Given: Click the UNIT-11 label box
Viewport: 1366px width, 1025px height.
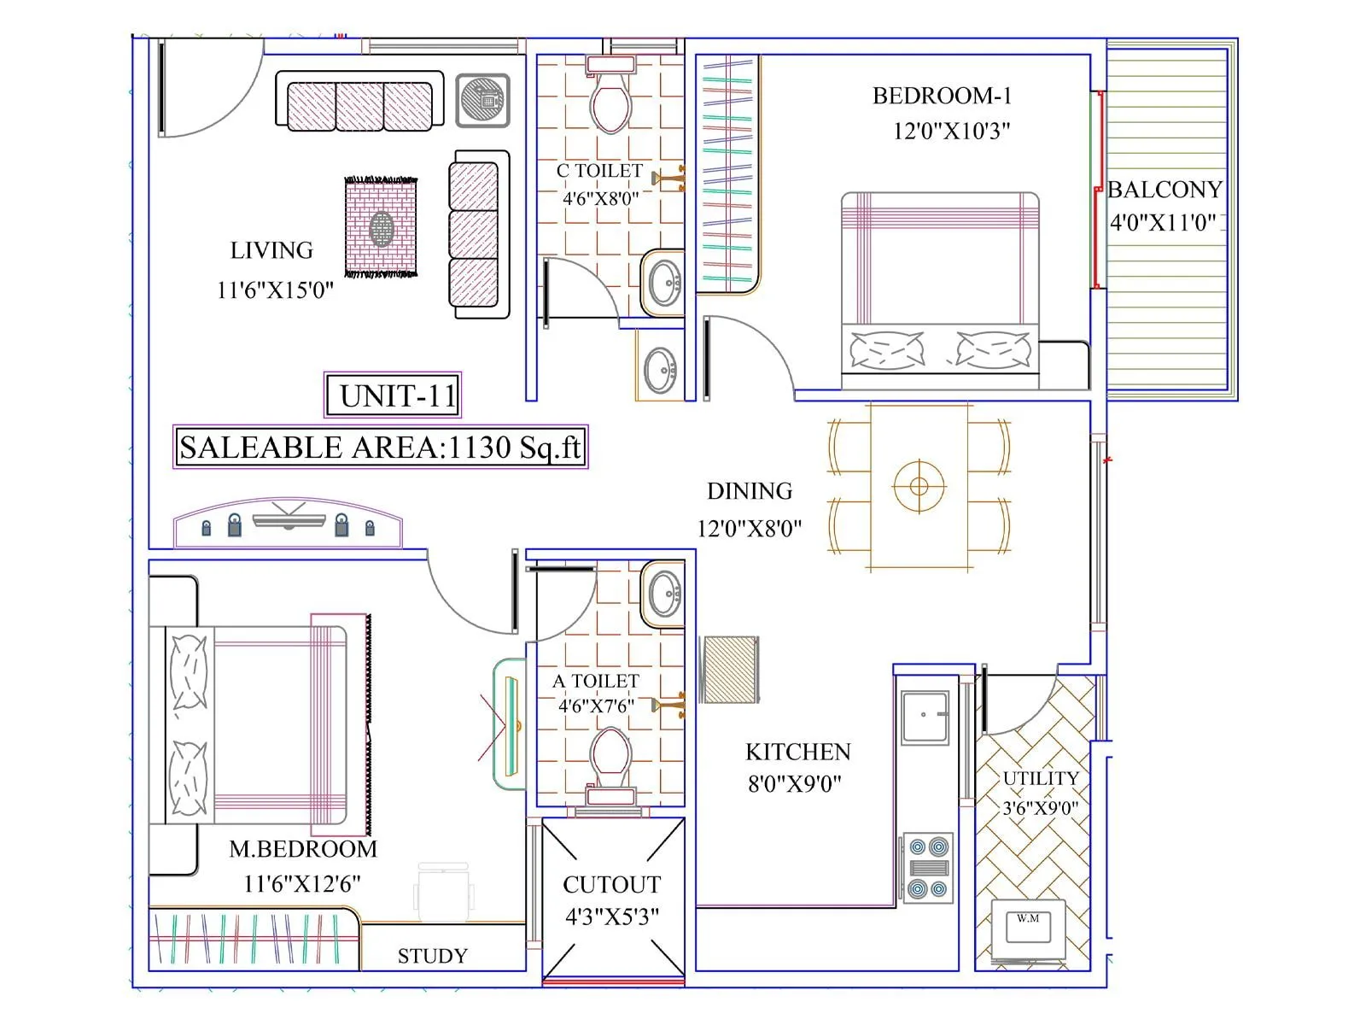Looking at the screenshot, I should click(x=393, y=395).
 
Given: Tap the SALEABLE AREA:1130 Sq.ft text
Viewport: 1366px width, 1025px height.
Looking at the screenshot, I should click(x=380, y=448).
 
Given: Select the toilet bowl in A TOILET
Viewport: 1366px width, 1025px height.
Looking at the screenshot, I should click(x=610, y=756).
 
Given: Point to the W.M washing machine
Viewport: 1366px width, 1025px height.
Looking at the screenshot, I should click(x=1028, y=928).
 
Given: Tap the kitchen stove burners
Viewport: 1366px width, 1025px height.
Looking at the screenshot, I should click(x=928, y=868).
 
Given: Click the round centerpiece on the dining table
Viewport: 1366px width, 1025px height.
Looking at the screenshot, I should click(x=919, y=486).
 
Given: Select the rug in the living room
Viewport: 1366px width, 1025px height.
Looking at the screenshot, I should click(x=381, y=227).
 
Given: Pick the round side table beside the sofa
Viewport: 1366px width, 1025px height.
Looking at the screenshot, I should click(x=482, y=100).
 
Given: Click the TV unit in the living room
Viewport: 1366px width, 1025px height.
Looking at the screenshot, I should click(x=288, y=524).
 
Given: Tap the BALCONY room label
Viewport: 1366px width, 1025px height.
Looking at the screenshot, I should click(x=1165, y=190).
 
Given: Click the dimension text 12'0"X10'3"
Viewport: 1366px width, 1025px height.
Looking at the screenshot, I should click(x=951, y=131).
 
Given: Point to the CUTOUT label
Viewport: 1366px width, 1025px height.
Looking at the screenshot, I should click(x=612, y=885).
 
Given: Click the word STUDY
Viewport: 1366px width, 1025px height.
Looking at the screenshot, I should click(x=432, y=956).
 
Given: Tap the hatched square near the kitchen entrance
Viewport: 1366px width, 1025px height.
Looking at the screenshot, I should click(x=729, y=670).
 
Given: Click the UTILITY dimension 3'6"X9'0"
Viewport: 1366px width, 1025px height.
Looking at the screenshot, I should click(x=1040, y=808).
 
